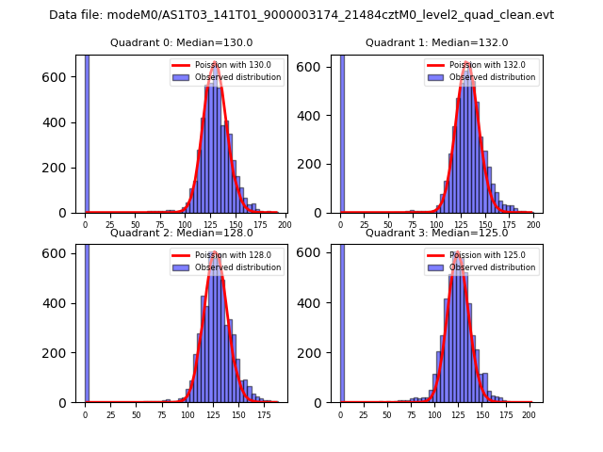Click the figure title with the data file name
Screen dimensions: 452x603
coord(301,15)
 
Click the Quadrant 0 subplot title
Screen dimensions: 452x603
coord(181,42)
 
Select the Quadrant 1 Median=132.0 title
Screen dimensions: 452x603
coord(436,42)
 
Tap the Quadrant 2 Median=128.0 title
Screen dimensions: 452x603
coord(181,233)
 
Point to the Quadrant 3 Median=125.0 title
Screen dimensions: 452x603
coord(436,233)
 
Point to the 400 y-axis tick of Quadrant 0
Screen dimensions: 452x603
coord(62,122)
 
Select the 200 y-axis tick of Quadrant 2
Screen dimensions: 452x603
coord(62,353)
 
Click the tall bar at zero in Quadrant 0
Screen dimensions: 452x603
coord(87,132)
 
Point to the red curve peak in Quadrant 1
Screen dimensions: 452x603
coord(467,64)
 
